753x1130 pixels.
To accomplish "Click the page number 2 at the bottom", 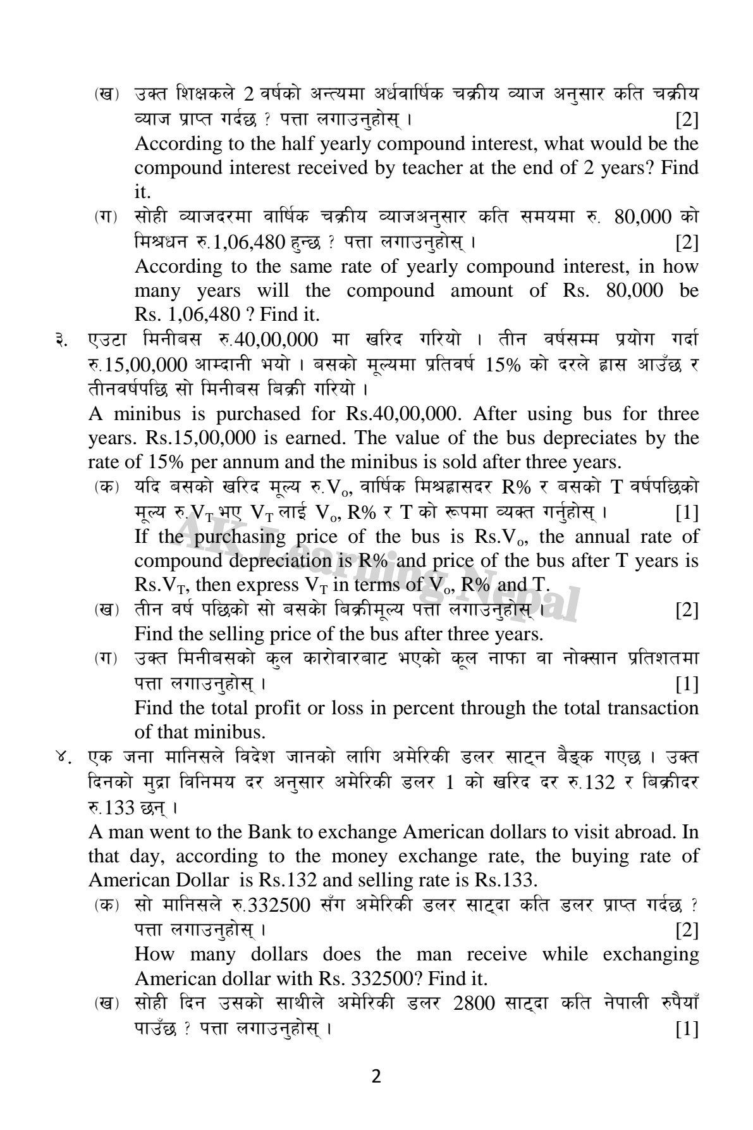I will tap(376, 1077).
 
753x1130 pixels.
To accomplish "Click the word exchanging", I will tap(651, 954).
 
